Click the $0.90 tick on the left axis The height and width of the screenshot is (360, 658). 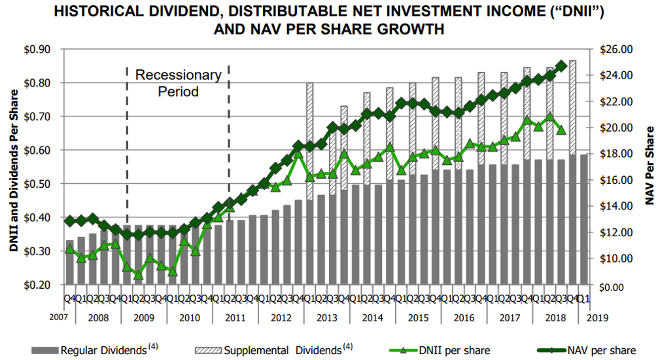pyautogui.click(x=37, y=49)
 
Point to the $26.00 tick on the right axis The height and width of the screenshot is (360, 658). pyautogui.click(x=616, y=49)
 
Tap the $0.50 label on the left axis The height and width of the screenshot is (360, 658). pyautogui.click(x=37, y=184)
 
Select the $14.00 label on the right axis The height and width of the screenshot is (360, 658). pyautogui.click(x=616, y=206)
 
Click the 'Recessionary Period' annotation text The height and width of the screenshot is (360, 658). pyautogui.click(x=179, y=83)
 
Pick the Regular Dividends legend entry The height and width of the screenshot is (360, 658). pyautogui.click(x=95, y=350)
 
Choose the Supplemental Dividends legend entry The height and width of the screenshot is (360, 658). pyautogui.click(x=274, y=350)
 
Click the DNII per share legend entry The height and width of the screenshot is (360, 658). pyautogui.click(x=440, y=350)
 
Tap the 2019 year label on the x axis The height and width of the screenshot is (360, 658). pyautogui.click(x=598, y=317)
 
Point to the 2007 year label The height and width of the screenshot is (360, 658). pyautogui.click(x=58, y=317)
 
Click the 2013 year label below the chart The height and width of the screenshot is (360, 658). pyautogui.click(x=327, y=317)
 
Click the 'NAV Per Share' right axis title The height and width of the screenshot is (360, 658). pyautogui.click(x=649, y=166)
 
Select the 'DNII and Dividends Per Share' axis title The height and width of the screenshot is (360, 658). pyautogui.click(x=14, y=170)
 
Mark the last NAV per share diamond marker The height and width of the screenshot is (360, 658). pyautogui.click(x=561, y=66)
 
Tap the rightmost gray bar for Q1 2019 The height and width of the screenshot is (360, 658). pyautogui.click(x=584, y=220)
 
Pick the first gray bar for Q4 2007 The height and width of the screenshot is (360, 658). pyautogui.click(x=70, y=262)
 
